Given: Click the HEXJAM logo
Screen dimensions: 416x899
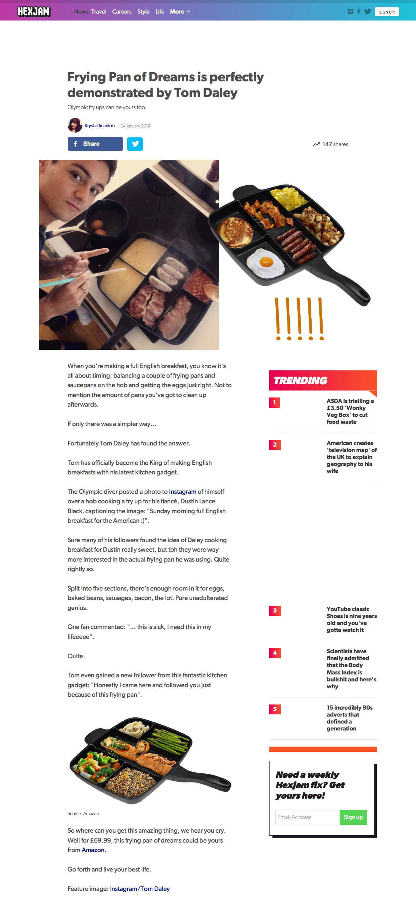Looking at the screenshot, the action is [x=34, y=12].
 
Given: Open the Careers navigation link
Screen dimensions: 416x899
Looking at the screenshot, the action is [x=122, y=12].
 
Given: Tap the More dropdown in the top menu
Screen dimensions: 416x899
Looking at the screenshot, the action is [x=180, y=12].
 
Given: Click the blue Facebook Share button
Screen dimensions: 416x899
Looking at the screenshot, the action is [x=95, y=144].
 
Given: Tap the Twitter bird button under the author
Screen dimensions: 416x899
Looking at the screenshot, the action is [x=135, y=144].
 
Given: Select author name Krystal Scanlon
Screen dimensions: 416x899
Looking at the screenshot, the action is [x=100, y=126].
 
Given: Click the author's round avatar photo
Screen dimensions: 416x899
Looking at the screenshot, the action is [x=75, y=125].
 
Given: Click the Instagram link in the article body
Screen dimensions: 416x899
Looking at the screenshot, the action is [x=182, y=492].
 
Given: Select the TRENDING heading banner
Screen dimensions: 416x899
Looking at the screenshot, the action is [x=323, y=381].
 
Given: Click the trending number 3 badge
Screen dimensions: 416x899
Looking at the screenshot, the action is [x=275, y=611].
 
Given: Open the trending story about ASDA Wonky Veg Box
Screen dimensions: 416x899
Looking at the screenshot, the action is [x=350, y=411].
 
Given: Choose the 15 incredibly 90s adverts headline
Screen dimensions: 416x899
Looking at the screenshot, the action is [x=349, y=718].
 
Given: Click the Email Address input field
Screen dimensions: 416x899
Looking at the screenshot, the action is [x=307, y=817].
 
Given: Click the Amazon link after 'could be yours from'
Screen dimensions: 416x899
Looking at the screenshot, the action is [x=93, y=850].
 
